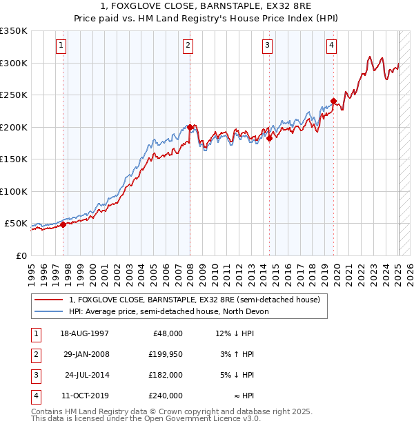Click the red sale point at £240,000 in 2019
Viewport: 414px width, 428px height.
[x=333, y=101]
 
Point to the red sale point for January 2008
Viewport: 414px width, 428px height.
[x=190, y=127]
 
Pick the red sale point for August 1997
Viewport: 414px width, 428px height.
[x=63, y=224]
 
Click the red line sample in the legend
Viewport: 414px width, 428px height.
[x=49, y=300]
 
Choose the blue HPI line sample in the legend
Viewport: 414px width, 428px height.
[x=49, y=311]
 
